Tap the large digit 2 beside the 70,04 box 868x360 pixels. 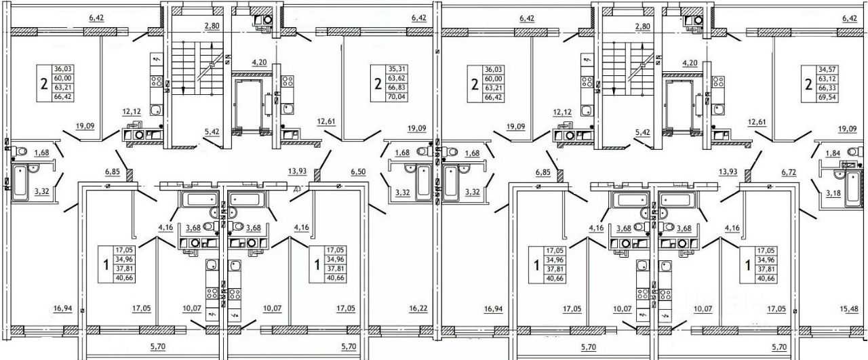pos(378,83)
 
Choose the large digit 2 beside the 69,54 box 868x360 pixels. pos(807,83)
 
